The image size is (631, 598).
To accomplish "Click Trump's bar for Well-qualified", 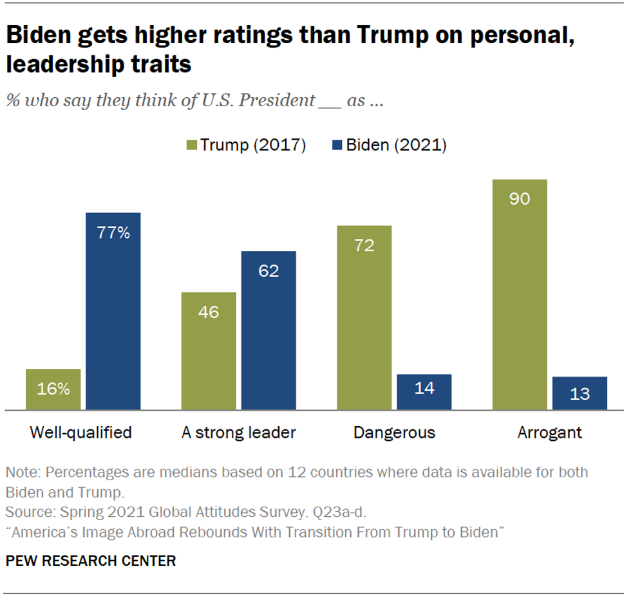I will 53,389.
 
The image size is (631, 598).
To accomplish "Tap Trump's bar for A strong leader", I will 209,351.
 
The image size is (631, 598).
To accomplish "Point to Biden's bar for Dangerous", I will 424,391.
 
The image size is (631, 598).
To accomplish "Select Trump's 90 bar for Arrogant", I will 520,294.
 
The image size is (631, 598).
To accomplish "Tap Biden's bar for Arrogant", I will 579,393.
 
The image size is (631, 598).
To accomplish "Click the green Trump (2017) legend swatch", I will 191,145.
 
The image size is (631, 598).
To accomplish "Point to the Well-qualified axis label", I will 80,432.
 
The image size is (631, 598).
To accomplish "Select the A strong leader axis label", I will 239,432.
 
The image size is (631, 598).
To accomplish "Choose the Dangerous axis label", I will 394,432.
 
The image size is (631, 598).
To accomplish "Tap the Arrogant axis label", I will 549,432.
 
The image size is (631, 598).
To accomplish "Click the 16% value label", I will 53,389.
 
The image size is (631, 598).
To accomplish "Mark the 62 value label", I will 268,271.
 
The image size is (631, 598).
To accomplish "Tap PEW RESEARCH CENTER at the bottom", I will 91,561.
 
